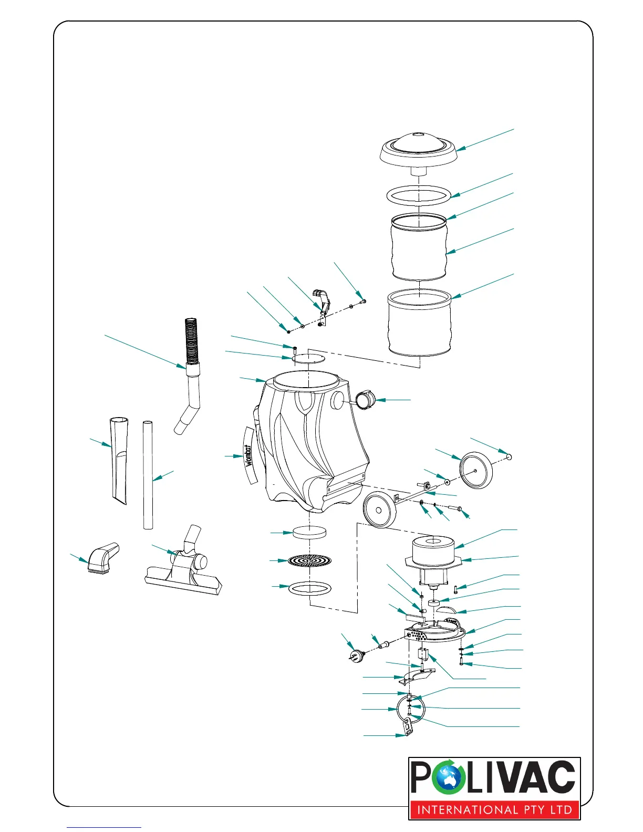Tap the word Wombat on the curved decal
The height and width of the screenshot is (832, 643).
coord(248,455)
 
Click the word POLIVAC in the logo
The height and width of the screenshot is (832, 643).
coord(494,778)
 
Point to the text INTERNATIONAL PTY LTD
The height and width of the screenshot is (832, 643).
coord(494,809)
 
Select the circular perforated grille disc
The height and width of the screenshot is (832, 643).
coord(310,561)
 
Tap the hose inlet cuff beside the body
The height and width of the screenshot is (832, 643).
coord(365,400)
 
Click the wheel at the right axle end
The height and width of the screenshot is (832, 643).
coord(476,470)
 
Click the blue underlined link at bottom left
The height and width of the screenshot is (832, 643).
coord(104,827)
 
